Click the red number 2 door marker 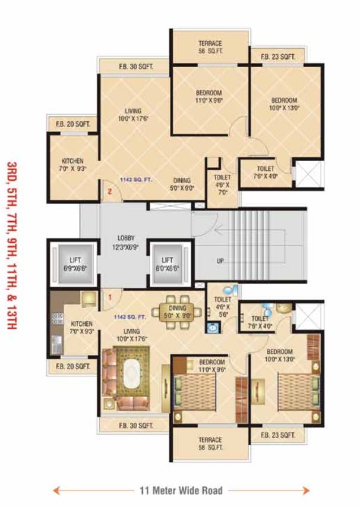(110, 191)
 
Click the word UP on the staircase (220, 261)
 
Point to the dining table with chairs (177, 309)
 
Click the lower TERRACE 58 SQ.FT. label (210, 444)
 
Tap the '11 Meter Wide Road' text (181, 491)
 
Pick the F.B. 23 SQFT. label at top (278, 57)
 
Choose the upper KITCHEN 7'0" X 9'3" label (72, 165)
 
